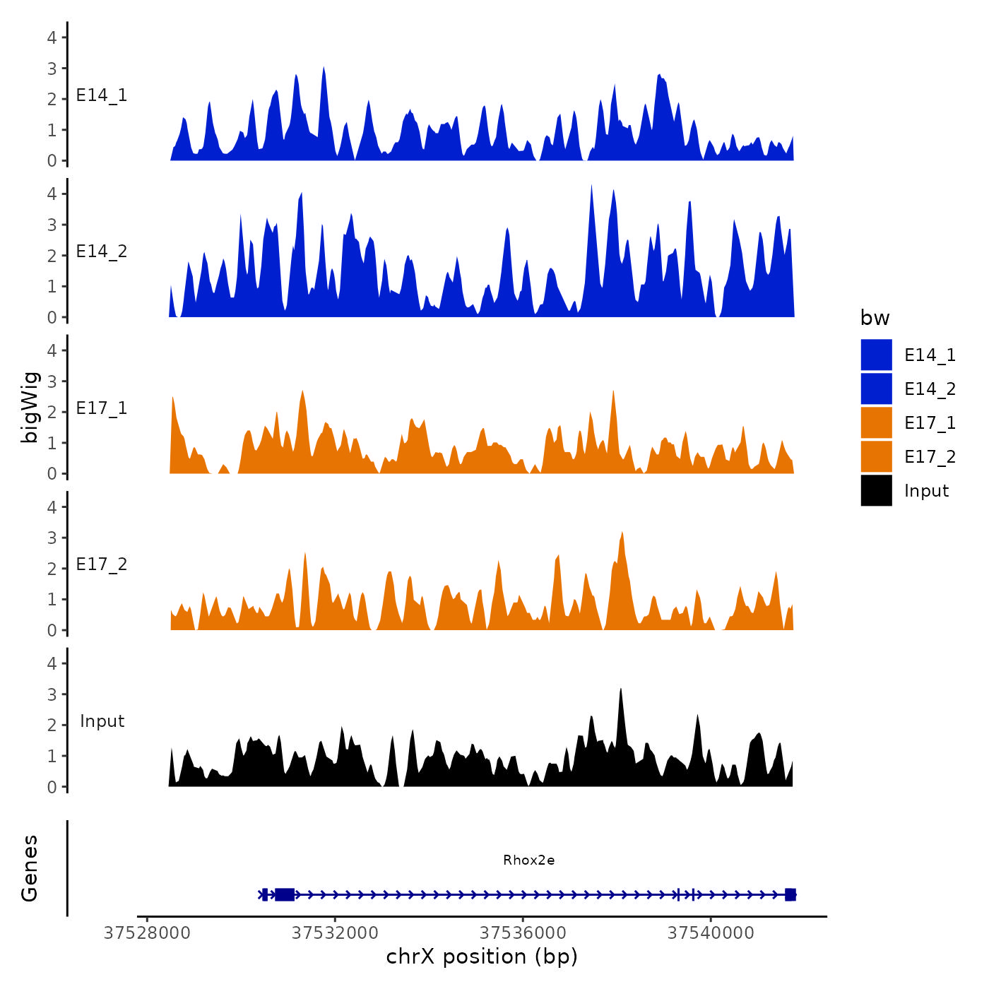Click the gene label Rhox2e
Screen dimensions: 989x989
(528, 860)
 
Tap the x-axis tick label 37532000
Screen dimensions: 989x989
(335, 933)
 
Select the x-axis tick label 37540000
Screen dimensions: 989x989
(711, 933)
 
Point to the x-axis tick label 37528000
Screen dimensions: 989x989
(147, 933)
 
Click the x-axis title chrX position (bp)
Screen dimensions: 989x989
(482, 957)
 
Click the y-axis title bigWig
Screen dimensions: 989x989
(30, 408)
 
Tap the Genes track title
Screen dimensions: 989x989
(30, 868)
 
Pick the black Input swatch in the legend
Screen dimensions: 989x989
(876, 491)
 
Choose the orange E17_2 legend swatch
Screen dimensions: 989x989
(876, 457)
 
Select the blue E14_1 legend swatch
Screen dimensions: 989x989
(876, 355)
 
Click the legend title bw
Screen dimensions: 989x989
(875, 318)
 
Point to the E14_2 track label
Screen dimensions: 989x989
(102, 251)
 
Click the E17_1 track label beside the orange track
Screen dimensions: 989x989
(102, 408)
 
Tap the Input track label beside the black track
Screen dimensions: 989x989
(102, 721)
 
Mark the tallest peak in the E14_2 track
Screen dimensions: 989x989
(591, 186)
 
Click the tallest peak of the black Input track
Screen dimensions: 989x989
(620, 690)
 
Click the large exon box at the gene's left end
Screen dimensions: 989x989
(285, 894)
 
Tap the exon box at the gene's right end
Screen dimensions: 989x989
(790, 894)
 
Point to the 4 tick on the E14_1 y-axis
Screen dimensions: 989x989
(52, 37)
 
